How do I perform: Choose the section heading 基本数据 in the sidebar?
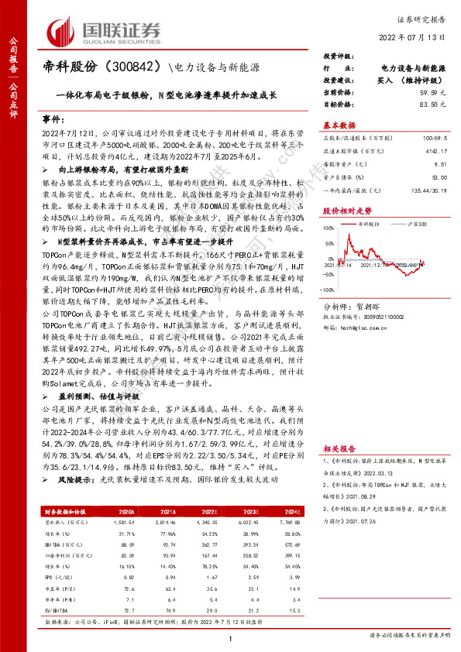(339, 124)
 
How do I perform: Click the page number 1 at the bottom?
(231, 637)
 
